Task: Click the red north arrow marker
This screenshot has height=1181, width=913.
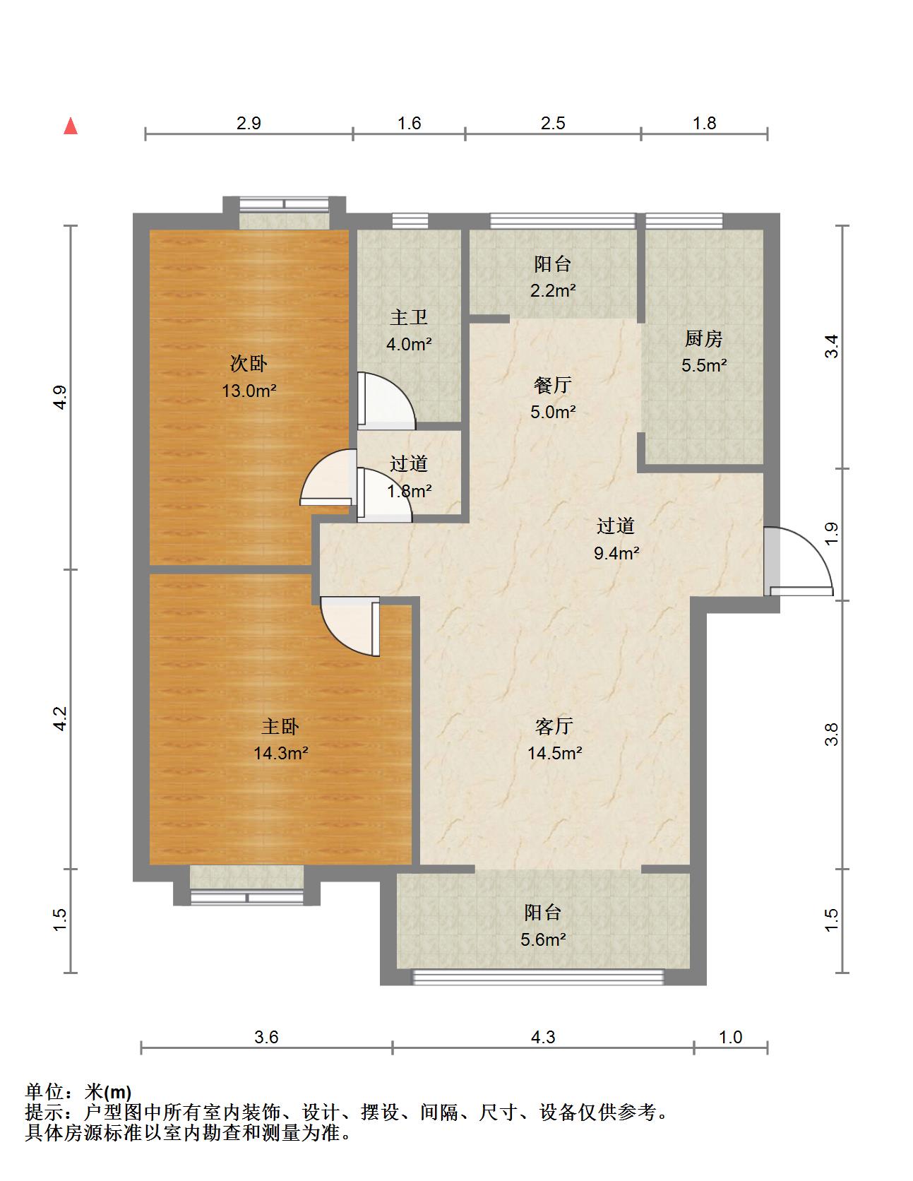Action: pyautogui.click(x=71, y=126)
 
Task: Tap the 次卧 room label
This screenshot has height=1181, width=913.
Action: pyautogui.click(x=249, y=364)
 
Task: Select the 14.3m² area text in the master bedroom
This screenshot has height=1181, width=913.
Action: pyautogui.click(x=281, y=753)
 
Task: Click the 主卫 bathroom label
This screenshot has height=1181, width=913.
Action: pyautogui.click(x=409, y=318)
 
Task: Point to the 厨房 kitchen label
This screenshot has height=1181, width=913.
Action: pyautogui.click(x=704, y=339)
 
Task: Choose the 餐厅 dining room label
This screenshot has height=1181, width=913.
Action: pyautogui.click(x=553, y=385)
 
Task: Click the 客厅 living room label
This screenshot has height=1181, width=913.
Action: pyautogui.click(x=554, y=726)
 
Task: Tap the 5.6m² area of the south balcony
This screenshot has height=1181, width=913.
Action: pyautogui.click(x=544, y=939)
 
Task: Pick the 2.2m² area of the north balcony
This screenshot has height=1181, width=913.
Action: pyautogui.click(x=554, y=290)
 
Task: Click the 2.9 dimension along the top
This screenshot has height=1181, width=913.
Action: pyautogui.click(x=249, y=124)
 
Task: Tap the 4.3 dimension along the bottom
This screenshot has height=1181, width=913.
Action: pyautogui.click(x=543, y=1037)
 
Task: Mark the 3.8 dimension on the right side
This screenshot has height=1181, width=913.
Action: pyautogui.click(x=833, y=735)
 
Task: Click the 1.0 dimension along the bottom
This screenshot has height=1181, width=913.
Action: pyautogui.click(x=731, y=1037)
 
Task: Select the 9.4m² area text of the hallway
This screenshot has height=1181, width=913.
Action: pyautogui.click(x=616, y=553)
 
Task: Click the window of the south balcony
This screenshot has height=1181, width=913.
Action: pyautogui.click(x=538, y=977)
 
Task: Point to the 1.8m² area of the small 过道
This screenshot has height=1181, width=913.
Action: pyautogui.click(x=410, y=490)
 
